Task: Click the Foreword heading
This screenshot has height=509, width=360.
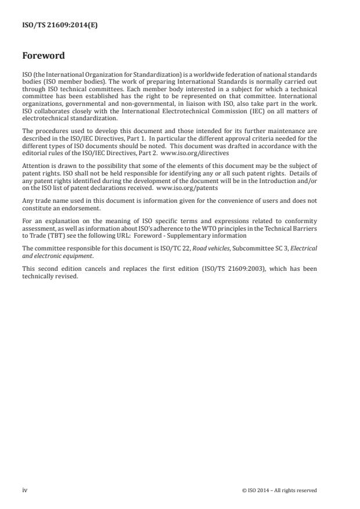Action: click(44, 56)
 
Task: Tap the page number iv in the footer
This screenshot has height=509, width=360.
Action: click(25, 490)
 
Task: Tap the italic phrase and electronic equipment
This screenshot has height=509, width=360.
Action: click(57, 254)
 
